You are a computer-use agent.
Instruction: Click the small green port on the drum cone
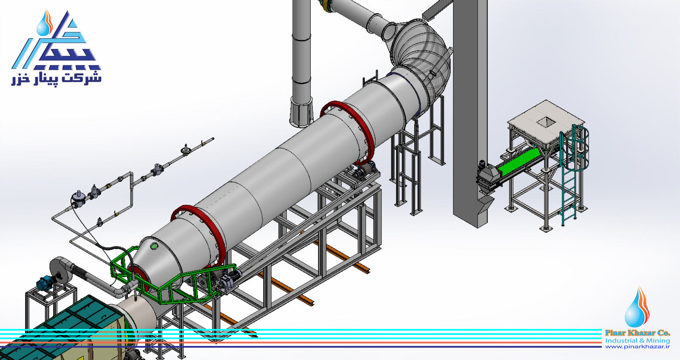point(155,246)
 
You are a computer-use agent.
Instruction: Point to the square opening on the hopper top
point(547,122)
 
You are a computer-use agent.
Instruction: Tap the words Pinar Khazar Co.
point(637,333)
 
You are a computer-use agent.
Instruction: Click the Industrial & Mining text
point(637,340)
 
